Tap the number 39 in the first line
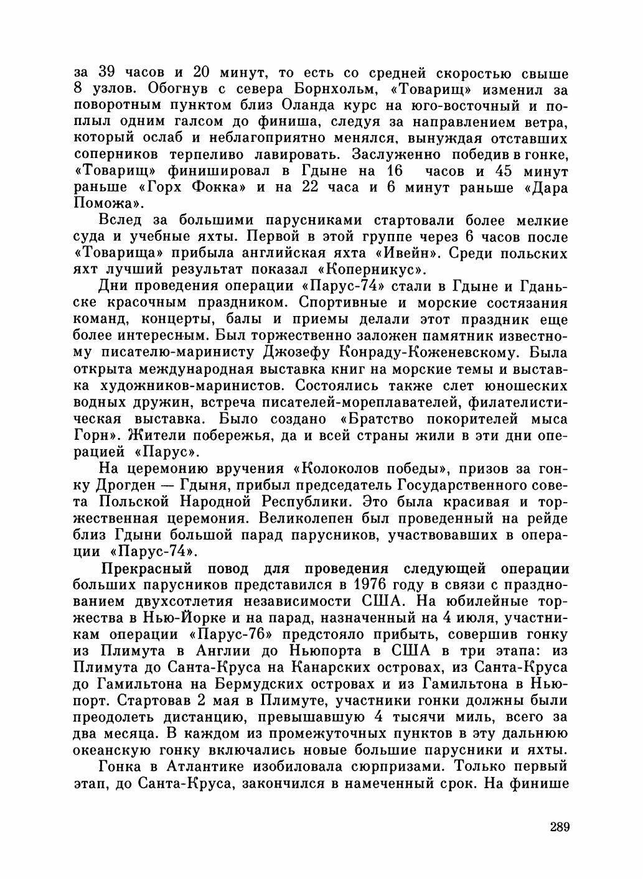(110, 73)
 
